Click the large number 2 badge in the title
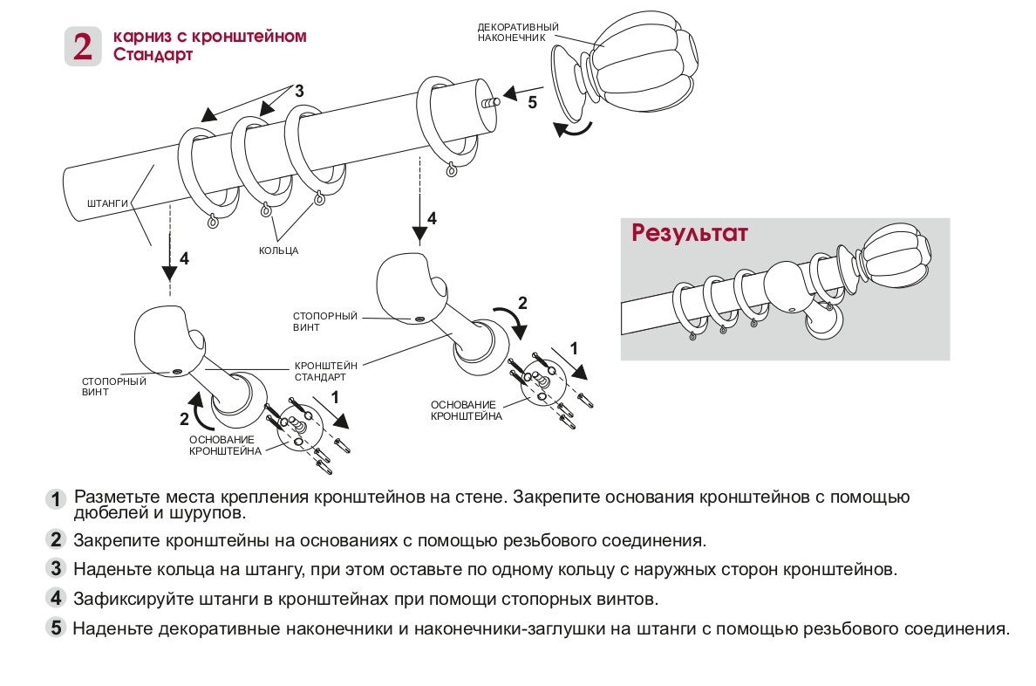(x=83, y=46)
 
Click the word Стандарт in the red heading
(x=153, y=55)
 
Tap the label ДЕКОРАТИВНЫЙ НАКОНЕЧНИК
(x=518, y=33)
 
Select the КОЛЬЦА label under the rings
(x=279, y=250)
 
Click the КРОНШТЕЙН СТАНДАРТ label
(x=320, y=372)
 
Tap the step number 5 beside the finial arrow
(x=532, y=102)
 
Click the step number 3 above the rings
(x=299, y=90)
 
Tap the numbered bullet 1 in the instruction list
(x=56, y=499)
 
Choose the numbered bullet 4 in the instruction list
(x=56, y=599)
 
